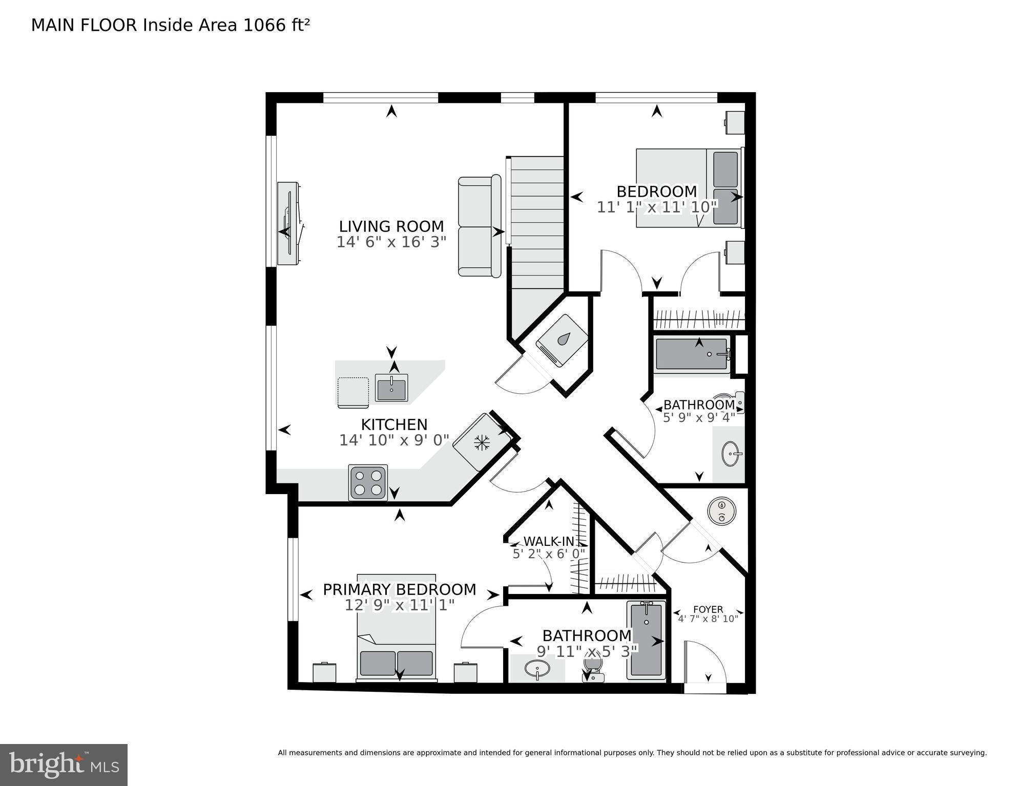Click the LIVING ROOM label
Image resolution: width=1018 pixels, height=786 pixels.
[391, 226]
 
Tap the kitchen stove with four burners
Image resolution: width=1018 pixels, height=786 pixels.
[368, 482]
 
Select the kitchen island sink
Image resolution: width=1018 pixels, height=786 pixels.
[391, 388]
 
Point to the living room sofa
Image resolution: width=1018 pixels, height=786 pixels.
[479, 227]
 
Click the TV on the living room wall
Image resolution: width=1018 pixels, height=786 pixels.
[288, 223]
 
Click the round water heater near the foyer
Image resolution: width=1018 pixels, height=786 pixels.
[722, 511]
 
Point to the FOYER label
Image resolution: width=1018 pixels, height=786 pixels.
[708, 609]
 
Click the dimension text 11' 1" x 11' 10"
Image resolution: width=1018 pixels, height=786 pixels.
[657, 207]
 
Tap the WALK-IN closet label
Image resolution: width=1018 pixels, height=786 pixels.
[549, 541]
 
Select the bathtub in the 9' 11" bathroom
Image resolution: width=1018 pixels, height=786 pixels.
[646, 640]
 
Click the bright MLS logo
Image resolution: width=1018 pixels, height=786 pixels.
[64, 764]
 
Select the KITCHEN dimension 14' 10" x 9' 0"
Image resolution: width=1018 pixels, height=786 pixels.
[394, 440]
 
